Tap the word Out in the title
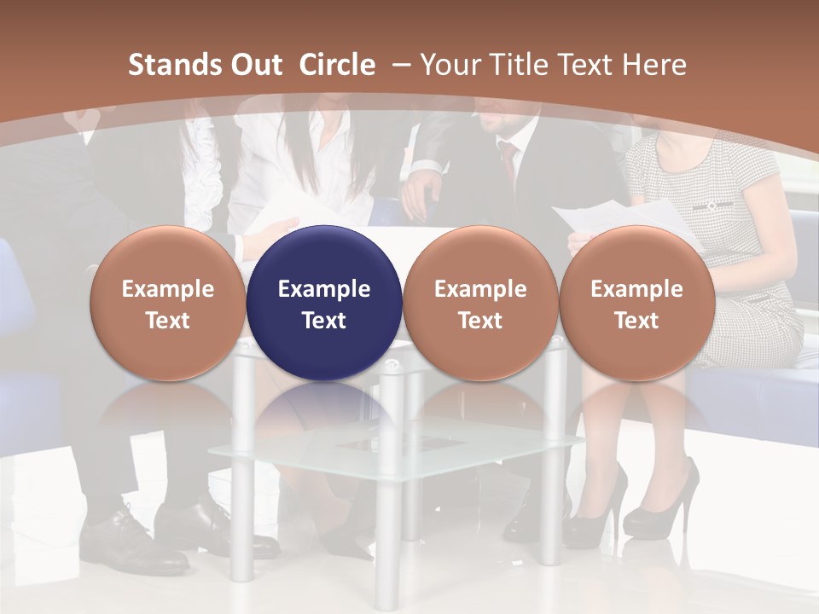click(255, 65)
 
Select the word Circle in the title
click(337, 65)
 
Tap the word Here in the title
click(657, 65)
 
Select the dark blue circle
click(324, 304)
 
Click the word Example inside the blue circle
click(324, 289)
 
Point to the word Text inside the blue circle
click(324, 321)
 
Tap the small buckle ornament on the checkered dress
click(711, 206)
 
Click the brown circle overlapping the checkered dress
click(636, 304)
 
